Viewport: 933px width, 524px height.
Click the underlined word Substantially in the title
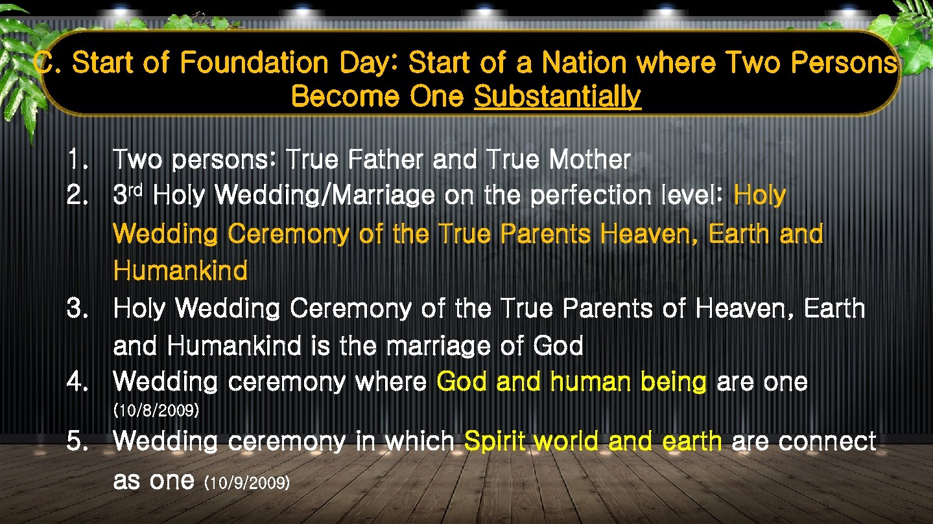point(558,97)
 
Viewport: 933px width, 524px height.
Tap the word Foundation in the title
point(254,63)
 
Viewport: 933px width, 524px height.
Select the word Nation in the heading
point(584,63)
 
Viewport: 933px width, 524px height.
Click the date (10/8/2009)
point(156,411)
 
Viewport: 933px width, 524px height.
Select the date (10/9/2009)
point(246,483)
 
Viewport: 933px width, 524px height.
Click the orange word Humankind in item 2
point(180,271)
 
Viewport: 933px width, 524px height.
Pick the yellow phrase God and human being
point(571,382)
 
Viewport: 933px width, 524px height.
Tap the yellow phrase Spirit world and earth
point(593,442)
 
